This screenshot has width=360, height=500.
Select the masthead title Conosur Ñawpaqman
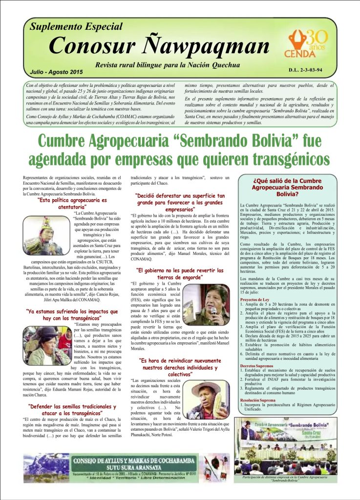pos(159,46)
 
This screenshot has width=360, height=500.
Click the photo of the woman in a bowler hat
pos(47,346)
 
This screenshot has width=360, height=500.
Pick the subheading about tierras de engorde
pos(180,273)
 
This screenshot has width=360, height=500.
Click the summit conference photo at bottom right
pos(285,445)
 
